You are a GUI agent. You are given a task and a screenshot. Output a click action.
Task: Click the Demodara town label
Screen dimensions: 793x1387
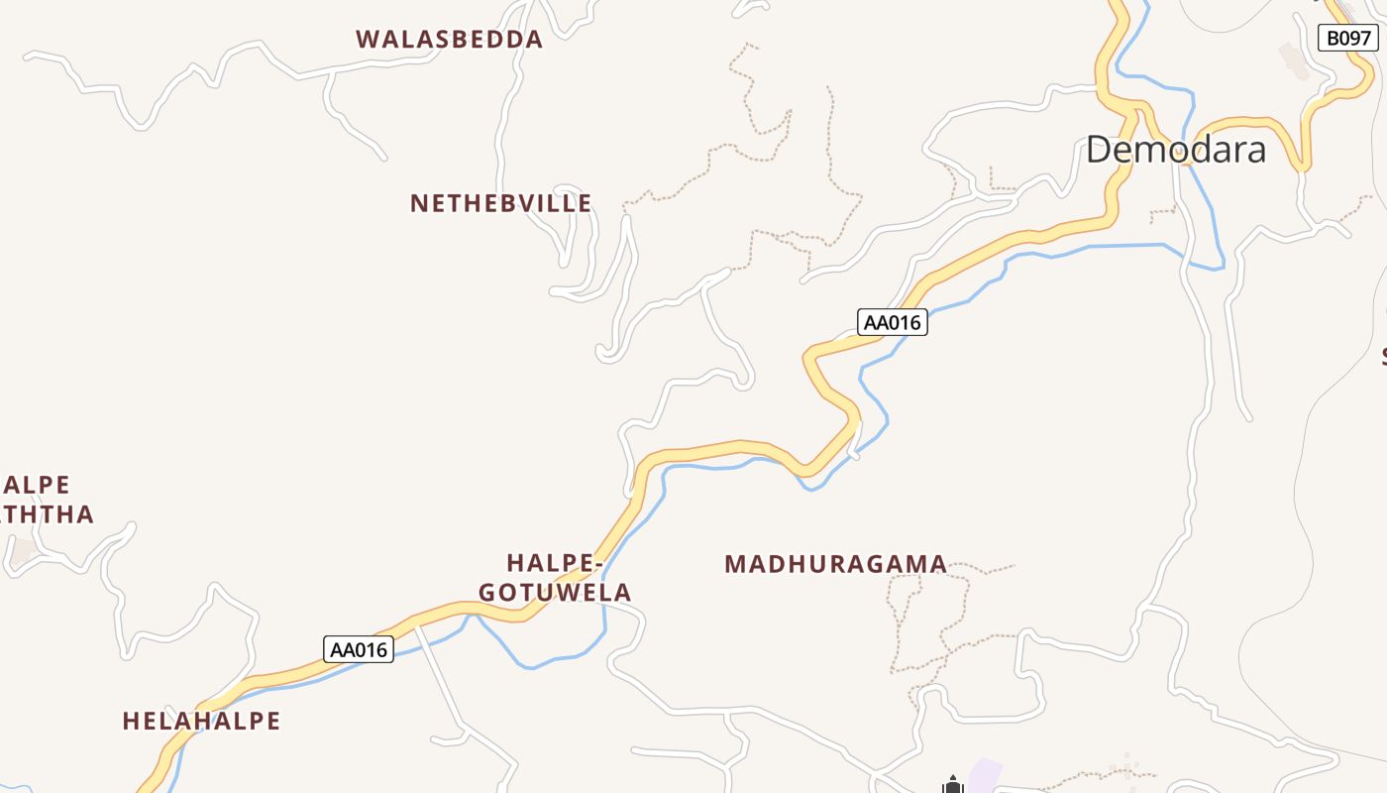(1176, 150)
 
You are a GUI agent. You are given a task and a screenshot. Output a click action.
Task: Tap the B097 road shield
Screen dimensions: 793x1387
(1348, 39)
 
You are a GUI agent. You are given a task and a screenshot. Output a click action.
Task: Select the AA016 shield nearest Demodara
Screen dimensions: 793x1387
(892, 322)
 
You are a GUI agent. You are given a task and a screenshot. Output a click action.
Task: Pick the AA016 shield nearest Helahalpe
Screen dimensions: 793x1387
(359, 650)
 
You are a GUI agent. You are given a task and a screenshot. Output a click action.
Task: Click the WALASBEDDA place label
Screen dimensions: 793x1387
(450, 40)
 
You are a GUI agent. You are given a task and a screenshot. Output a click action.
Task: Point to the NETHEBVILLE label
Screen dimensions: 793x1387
(501, 204)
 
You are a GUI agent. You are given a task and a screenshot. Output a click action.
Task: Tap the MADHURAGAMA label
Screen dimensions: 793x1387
(835, 565)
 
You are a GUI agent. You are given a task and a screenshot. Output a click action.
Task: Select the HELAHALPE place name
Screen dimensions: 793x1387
(202, 722)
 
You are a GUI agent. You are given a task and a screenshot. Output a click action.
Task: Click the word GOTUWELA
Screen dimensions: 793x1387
(555, 593)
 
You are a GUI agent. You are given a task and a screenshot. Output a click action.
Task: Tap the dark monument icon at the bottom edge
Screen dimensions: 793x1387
(953, 786)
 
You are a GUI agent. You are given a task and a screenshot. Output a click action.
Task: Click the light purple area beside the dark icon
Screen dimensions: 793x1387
(985, 774)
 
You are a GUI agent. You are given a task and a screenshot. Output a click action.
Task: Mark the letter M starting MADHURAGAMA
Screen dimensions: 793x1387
(734, 565)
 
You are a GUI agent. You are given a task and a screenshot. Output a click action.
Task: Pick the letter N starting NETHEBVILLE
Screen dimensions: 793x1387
(418, 204)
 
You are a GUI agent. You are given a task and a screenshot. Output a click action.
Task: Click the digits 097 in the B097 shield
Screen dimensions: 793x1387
(1354, 39)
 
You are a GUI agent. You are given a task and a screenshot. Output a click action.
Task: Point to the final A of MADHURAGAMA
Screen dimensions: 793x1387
(938, 565)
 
